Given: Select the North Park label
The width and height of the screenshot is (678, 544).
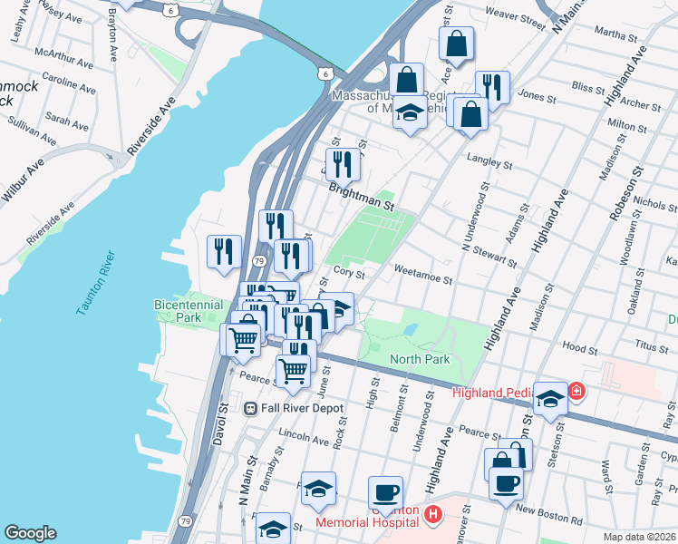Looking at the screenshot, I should [x=420, y=359].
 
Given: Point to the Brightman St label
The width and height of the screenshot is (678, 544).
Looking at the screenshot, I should [x=363, y=192].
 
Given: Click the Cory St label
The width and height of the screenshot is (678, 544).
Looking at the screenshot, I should [x=348, y=271].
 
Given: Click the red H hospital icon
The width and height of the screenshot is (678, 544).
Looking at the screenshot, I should [x=432, y=515].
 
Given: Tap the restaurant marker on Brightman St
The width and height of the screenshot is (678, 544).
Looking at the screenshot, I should [x=343, y=164].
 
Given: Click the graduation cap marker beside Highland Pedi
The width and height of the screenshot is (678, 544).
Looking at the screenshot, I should [x=549, y=398].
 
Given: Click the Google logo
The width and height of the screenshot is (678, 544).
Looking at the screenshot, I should [x=31, y=533].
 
